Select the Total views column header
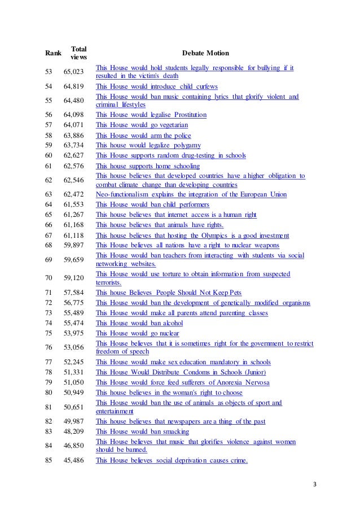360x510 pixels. point(78,53)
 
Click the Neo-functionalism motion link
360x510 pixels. point(191,194)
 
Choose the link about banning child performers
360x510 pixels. point(152,204)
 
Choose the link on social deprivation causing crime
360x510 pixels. point(172,461)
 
